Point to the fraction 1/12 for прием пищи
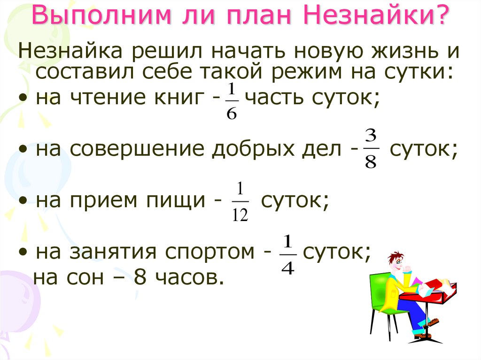[240, 203]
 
